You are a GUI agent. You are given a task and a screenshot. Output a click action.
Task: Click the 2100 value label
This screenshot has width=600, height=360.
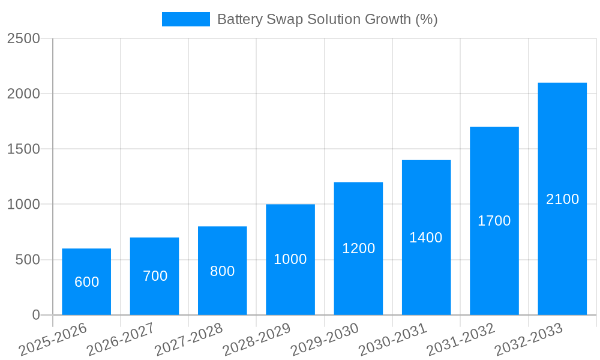(562, 199)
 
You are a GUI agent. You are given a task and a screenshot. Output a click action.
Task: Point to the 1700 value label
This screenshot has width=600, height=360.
(494, 221)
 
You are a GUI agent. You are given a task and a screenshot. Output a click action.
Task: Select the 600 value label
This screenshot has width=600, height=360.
(86, 282)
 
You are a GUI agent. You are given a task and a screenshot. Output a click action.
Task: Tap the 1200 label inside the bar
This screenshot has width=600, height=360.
(358, 248)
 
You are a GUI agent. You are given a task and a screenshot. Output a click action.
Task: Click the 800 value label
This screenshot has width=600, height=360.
(222, 271)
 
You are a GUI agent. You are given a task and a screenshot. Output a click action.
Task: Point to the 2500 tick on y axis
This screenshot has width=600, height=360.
(23, 38)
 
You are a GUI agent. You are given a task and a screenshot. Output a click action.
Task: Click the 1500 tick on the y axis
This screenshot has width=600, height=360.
(23, 149)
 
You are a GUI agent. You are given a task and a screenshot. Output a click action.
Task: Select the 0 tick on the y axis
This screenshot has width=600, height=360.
(35, 315)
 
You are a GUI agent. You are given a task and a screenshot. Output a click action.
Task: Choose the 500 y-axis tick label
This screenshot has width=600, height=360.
(27, 260)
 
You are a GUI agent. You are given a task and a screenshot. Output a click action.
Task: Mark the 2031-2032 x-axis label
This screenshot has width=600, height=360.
(461, 339)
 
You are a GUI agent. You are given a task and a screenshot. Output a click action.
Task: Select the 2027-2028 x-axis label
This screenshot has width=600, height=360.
(189, 339)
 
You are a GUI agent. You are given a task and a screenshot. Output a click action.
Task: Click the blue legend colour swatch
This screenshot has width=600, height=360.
(186, 19)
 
